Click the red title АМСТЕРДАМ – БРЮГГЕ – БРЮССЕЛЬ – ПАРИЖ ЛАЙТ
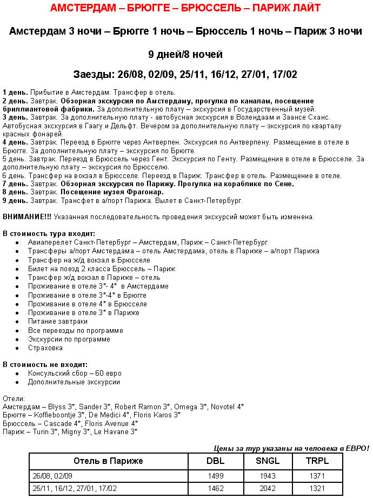click(x=185, y=8)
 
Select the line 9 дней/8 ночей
click(x=185, y=55)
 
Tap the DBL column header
click(x=215, y=461)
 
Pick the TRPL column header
click(x=317, y=461)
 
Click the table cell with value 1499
click(x=215, y=476)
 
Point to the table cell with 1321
click(x=317, y=488)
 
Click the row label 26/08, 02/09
click(x=52, y=476)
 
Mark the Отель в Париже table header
click(x=108, y=461)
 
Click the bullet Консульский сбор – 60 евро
click(x=75, y=373)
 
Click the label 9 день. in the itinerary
click(x=15, y=200)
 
